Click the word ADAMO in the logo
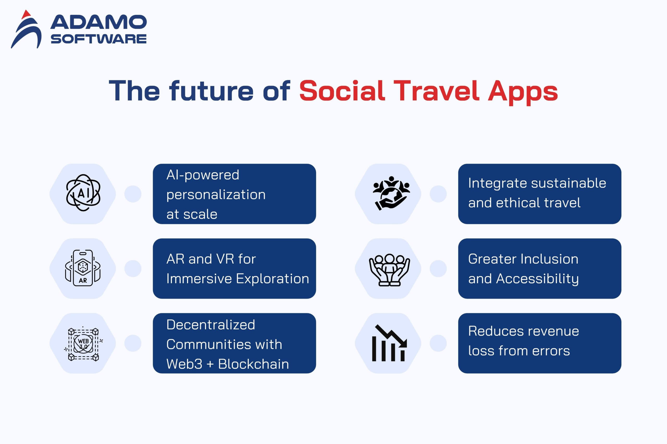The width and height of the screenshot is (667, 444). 98,22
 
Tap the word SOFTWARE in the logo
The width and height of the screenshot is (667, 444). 99,39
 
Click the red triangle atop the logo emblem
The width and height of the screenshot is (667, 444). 26,14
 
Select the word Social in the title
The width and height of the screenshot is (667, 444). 342,91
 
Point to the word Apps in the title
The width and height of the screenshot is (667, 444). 523,92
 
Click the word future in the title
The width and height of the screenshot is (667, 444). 211,91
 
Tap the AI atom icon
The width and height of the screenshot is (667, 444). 83,193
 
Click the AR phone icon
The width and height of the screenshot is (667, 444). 83,268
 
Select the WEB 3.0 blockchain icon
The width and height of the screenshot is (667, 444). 83,343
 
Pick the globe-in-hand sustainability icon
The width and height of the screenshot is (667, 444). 391,193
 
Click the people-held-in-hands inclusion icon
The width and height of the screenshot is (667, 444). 390,270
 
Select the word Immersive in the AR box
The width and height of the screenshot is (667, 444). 199,279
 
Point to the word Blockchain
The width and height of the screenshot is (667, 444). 254,364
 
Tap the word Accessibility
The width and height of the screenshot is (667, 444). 538,279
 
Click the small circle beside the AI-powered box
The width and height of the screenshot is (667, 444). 133,194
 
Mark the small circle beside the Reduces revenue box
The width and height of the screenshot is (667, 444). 438,343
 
